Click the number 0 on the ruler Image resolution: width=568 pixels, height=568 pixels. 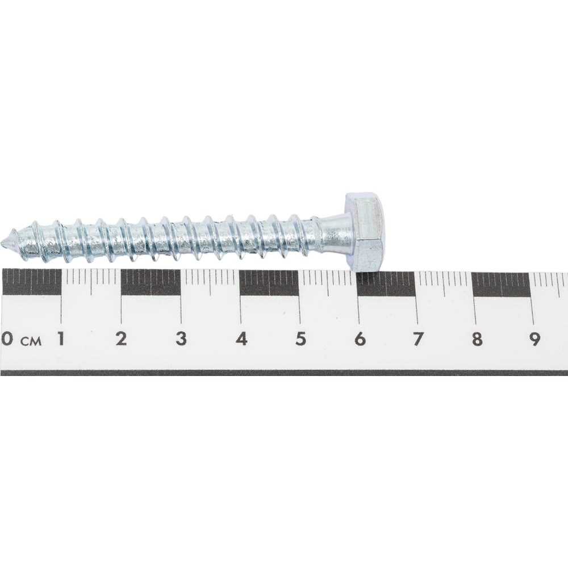[8, 339]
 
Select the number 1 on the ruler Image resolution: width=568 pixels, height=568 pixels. [61, 339]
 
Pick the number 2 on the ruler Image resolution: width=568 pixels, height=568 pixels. [122, 339]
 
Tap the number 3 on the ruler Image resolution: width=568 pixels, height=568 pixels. [181, 339]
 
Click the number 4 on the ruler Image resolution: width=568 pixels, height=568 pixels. [241, 339]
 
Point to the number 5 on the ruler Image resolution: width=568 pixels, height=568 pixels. [300, 339]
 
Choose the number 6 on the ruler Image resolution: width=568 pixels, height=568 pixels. [360, 339]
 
